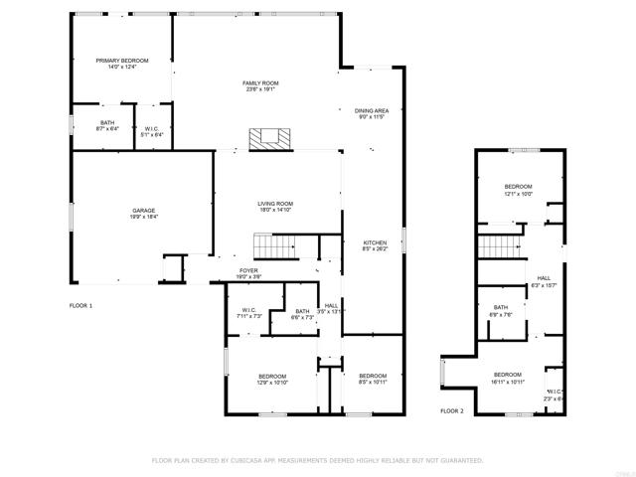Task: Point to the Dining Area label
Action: click(x=372, y=113)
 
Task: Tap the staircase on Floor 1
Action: click(x=274, y=244)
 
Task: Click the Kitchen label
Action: click(x=374, y=245)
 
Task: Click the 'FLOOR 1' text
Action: click(x=80, y=305)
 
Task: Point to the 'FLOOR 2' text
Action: click(x=452, y=410)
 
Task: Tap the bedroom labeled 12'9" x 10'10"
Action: click(x=272, y=379)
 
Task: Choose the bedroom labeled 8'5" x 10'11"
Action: click(x=373, y=379)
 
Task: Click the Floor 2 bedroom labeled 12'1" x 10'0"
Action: click(x=518, y=190)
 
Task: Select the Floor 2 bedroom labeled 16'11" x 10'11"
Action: click(x=507, y=378)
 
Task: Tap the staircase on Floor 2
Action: click(x=500, y=247)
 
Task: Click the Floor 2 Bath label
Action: click(x=502, y=310)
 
